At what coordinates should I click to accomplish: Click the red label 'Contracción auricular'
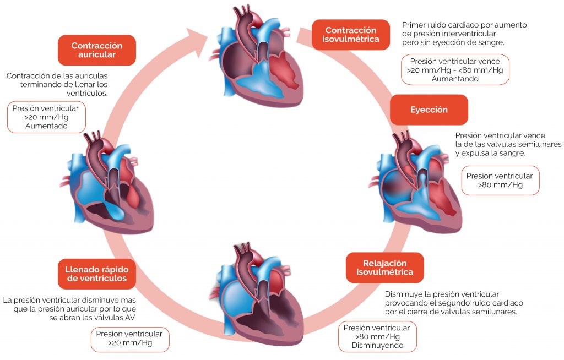(97, 50)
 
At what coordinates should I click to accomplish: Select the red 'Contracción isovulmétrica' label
(351, 35)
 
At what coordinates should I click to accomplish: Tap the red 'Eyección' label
(429, 110)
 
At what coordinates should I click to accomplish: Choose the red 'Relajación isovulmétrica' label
(385, 268)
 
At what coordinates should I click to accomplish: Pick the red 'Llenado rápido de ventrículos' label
(97, 274)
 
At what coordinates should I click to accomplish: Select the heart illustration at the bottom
(258, 293)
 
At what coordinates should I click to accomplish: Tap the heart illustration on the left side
(107, 183)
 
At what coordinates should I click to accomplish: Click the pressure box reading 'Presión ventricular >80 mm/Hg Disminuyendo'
(377, 337)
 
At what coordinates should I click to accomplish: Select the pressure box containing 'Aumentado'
(46, 117)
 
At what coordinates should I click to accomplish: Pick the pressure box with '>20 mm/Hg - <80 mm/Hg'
(455, 70)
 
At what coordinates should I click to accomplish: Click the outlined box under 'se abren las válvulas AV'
(130, 340)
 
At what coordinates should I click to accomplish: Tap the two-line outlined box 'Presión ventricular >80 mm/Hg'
(500, 181)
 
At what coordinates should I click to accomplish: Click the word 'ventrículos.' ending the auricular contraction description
(87, 93)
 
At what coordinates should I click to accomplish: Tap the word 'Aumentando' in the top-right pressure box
(455, 79)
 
